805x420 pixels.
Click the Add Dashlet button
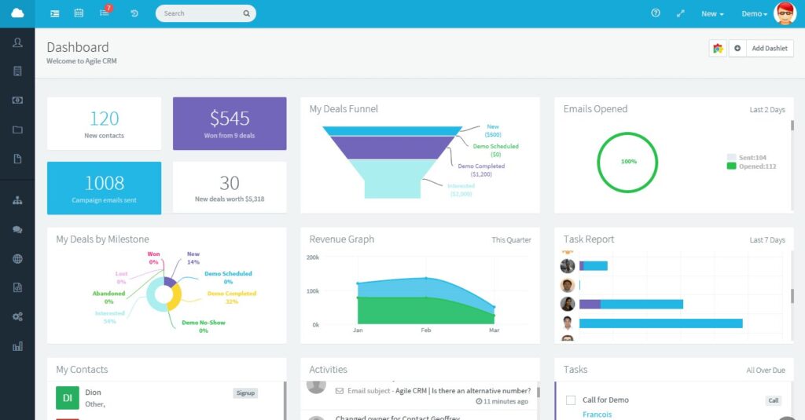(769, 49)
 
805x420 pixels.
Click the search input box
(201, 13)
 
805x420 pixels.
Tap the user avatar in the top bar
(785, 13)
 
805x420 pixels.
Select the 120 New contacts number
(104, 119)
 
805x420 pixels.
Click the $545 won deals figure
(230, 119)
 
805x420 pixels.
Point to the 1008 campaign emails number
(104, 183)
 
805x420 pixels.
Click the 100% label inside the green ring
(629, 162)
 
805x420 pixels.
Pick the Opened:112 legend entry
(752, 166)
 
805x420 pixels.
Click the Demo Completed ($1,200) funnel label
(481, 170)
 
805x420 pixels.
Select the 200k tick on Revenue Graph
(312, 257)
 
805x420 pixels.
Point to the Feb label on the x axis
(426, 331)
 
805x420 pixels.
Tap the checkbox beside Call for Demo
(571, 400)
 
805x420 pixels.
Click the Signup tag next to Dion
(245, 393)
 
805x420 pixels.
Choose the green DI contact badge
(68, 398)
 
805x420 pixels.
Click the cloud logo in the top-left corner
(17, 13)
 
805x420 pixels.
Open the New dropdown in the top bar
(712, 14)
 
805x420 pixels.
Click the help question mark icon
(656, 13)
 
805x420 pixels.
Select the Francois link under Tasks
(597, 415)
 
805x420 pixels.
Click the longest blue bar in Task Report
(660, 323)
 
